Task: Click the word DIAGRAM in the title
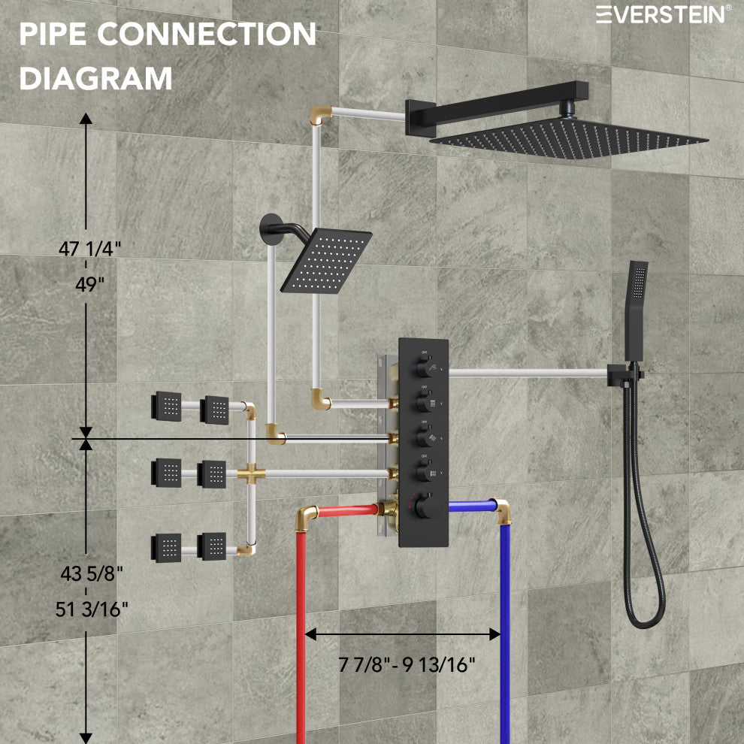95,77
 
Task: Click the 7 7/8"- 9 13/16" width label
407,664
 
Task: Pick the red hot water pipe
301,639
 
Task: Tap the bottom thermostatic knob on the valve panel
429,505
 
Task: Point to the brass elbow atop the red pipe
305,516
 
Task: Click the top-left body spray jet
165,407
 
